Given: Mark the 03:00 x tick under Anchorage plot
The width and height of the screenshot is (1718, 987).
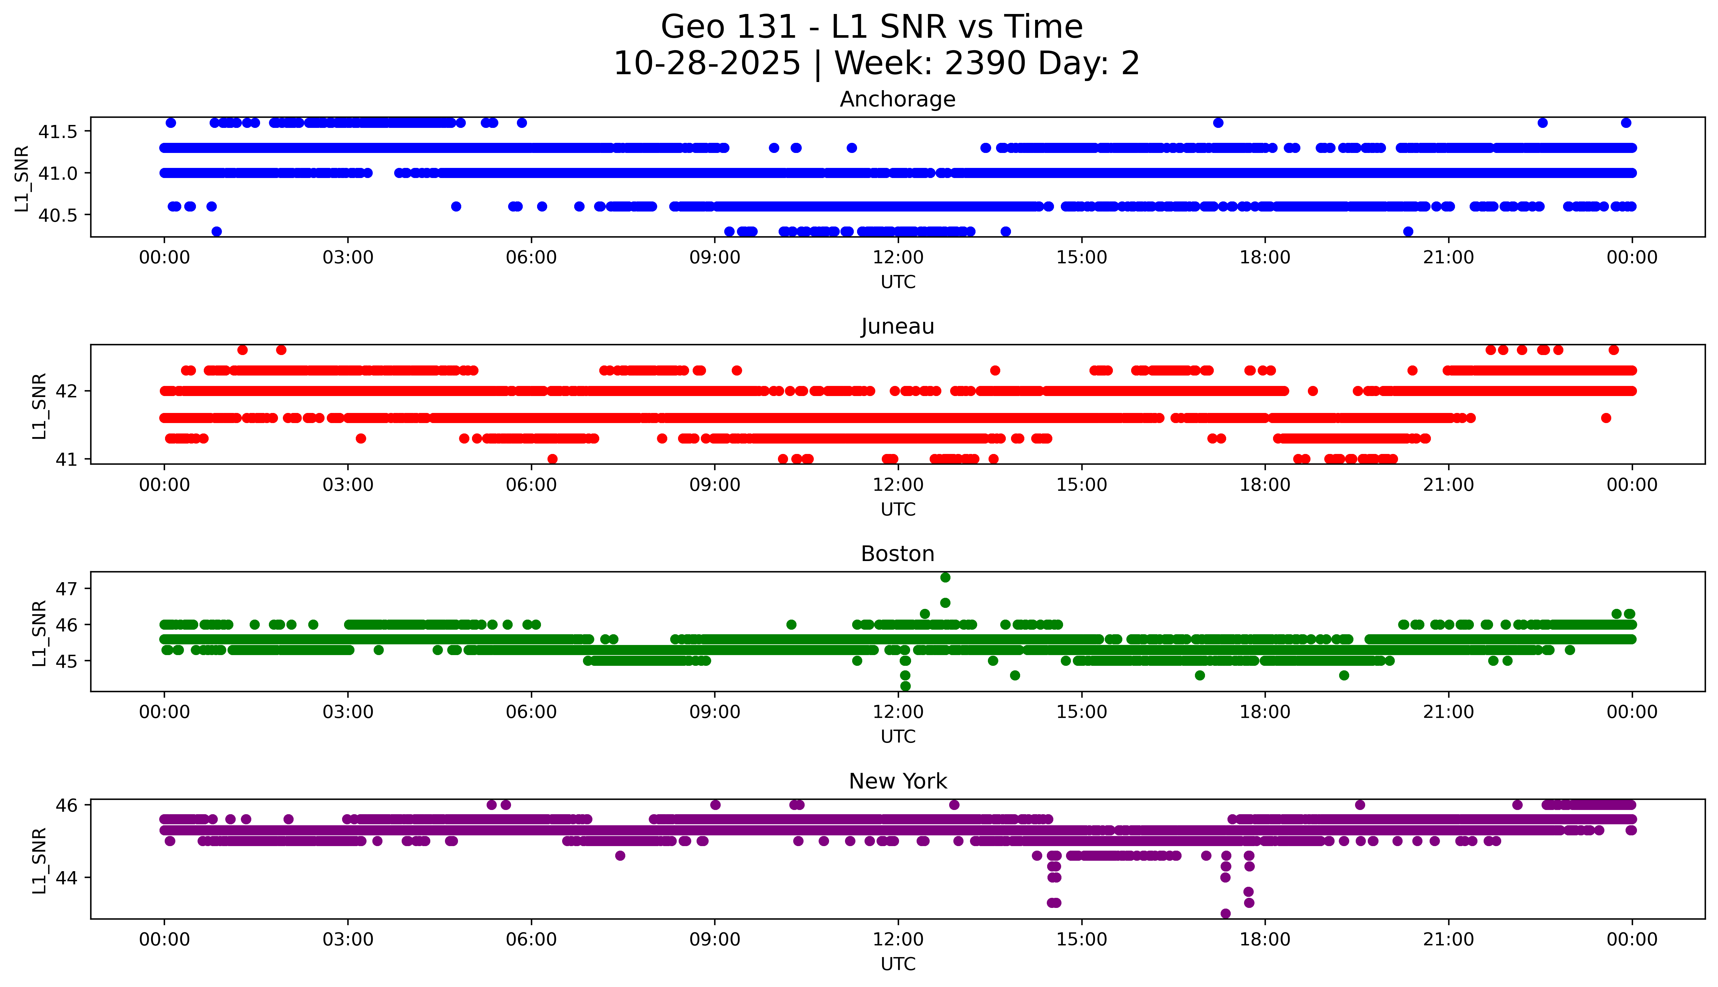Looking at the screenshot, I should (x=348, y=258).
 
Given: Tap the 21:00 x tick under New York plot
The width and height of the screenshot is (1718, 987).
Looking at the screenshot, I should (x=1448, y=939).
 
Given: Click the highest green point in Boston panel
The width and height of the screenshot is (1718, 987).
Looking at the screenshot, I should (x=945, y=578).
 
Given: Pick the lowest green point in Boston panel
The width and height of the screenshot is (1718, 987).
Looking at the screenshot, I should (x=905, y=686).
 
